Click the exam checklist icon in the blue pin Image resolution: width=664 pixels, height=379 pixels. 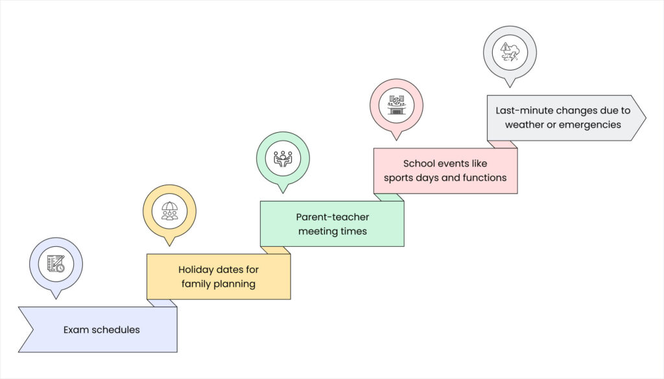(x=56, y=264)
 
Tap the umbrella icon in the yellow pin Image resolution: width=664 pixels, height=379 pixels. (x=169, y=211)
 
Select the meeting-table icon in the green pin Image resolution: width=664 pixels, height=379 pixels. (x=283, y=158)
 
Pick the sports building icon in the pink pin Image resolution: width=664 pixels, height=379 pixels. (x=396, y=105)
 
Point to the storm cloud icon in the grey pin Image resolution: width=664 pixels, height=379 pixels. (x=510, y=52)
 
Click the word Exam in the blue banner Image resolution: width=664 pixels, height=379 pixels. (x=75, y=330)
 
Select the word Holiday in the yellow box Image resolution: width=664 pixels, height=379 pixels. (x=196, y=270)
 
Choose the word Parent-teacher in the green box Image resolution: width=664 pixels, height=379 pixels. (x=332, y=217)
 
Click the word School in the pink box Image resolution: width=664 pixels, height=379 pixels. (x=418, y=163)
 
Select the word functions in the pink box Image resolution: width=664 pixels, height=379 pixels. (x=483, y=178)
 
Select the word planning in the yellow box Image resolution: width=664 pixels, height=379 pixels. (x=237, y=284)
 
